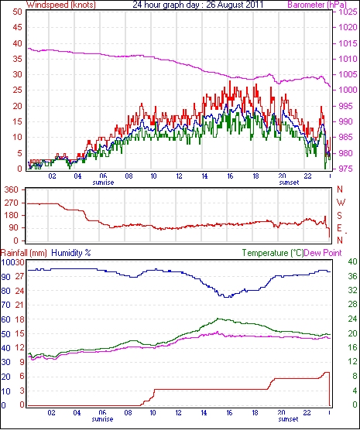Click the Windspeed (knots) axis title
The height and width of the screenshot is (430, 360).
click(x=60, y=5)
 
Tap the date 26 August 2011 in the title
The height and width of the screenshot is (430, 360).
click(x=235, y=5)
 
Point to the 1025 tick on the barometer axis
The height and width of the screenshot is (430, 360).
click(x=348, y=12)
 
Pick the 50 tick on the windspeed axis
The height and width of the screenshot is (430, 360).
click(x=17, y=12)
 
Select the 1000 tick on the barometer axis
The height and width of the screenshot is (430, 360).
click(x=348, y=90)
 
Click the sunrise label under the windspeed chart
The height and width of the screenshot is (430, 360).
click(x=103, y=183)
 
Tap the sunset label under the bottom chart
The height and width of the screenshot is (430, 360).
click(x=288, y=419)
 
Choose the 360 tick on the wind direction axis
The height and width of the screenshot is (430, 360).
click(x=12, y=189)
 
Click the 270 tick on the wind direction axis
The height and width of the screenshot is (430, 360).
click(x=12, y=203)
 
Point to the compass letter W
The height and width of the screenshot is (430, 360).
click(x=341, y=203)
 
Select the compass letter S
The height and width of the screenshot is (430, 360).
click(x=340, y=216)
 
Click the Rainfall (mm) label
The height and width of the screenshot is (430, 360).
click(x=24, y=253)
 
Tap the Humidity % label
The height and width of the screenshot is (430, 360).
click(x=71, y=253)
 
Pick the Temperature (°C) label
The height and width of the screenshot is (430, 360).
click(x=273, y=253)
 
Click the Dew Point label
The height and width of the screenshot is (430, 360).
click(x=323, y=253)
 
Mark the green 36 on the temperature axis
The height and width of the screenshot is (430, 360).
click(x=352, y=276)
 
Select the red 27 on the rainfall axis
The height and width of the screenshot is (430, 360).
click(x=19, y=276)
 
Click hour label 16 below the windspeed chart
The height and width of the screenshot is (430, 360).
click(x=230, y=176)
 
